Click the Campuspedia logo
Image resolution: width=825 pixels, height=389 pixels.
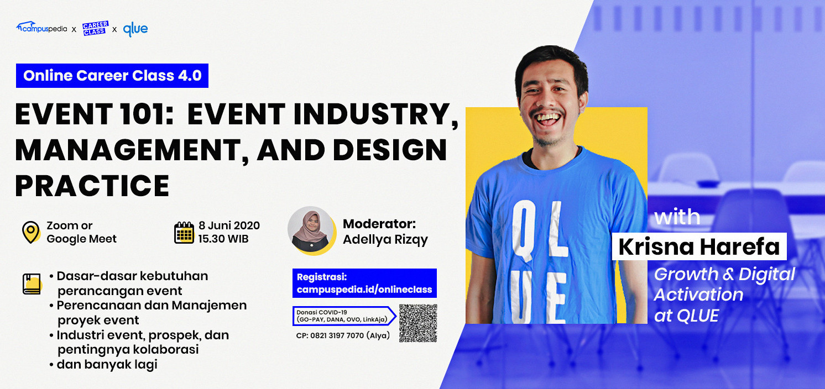41,28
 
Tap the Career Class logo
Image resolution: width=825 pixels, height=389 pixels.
96,28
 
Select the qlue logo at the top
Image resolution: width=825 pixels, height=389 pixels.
135,29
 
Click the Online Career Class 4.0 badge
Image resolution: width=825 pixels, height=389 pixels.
112,76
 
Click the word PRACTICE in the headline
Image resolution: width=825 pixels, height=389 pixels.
92,186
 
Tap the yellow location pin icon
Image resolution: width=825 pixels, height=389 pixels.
31,232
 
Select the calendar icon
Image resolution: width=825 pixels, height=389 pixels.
184,233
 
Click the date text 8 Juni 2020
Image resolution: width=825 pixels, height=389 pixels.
229,225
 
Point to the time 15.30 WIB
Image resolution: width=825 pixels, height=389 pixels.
223,239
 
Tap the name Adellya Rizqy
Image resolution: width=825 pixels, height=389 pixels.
385,240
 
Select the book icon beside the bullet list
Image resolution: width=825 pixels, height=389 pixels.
32,284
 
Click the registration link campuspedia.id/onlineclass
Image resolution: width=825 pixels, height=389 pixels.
364,290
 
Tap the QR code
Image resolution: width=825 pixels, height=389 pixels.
418,323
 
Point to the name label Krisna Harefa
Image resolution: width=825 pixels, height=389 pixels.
699,246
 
